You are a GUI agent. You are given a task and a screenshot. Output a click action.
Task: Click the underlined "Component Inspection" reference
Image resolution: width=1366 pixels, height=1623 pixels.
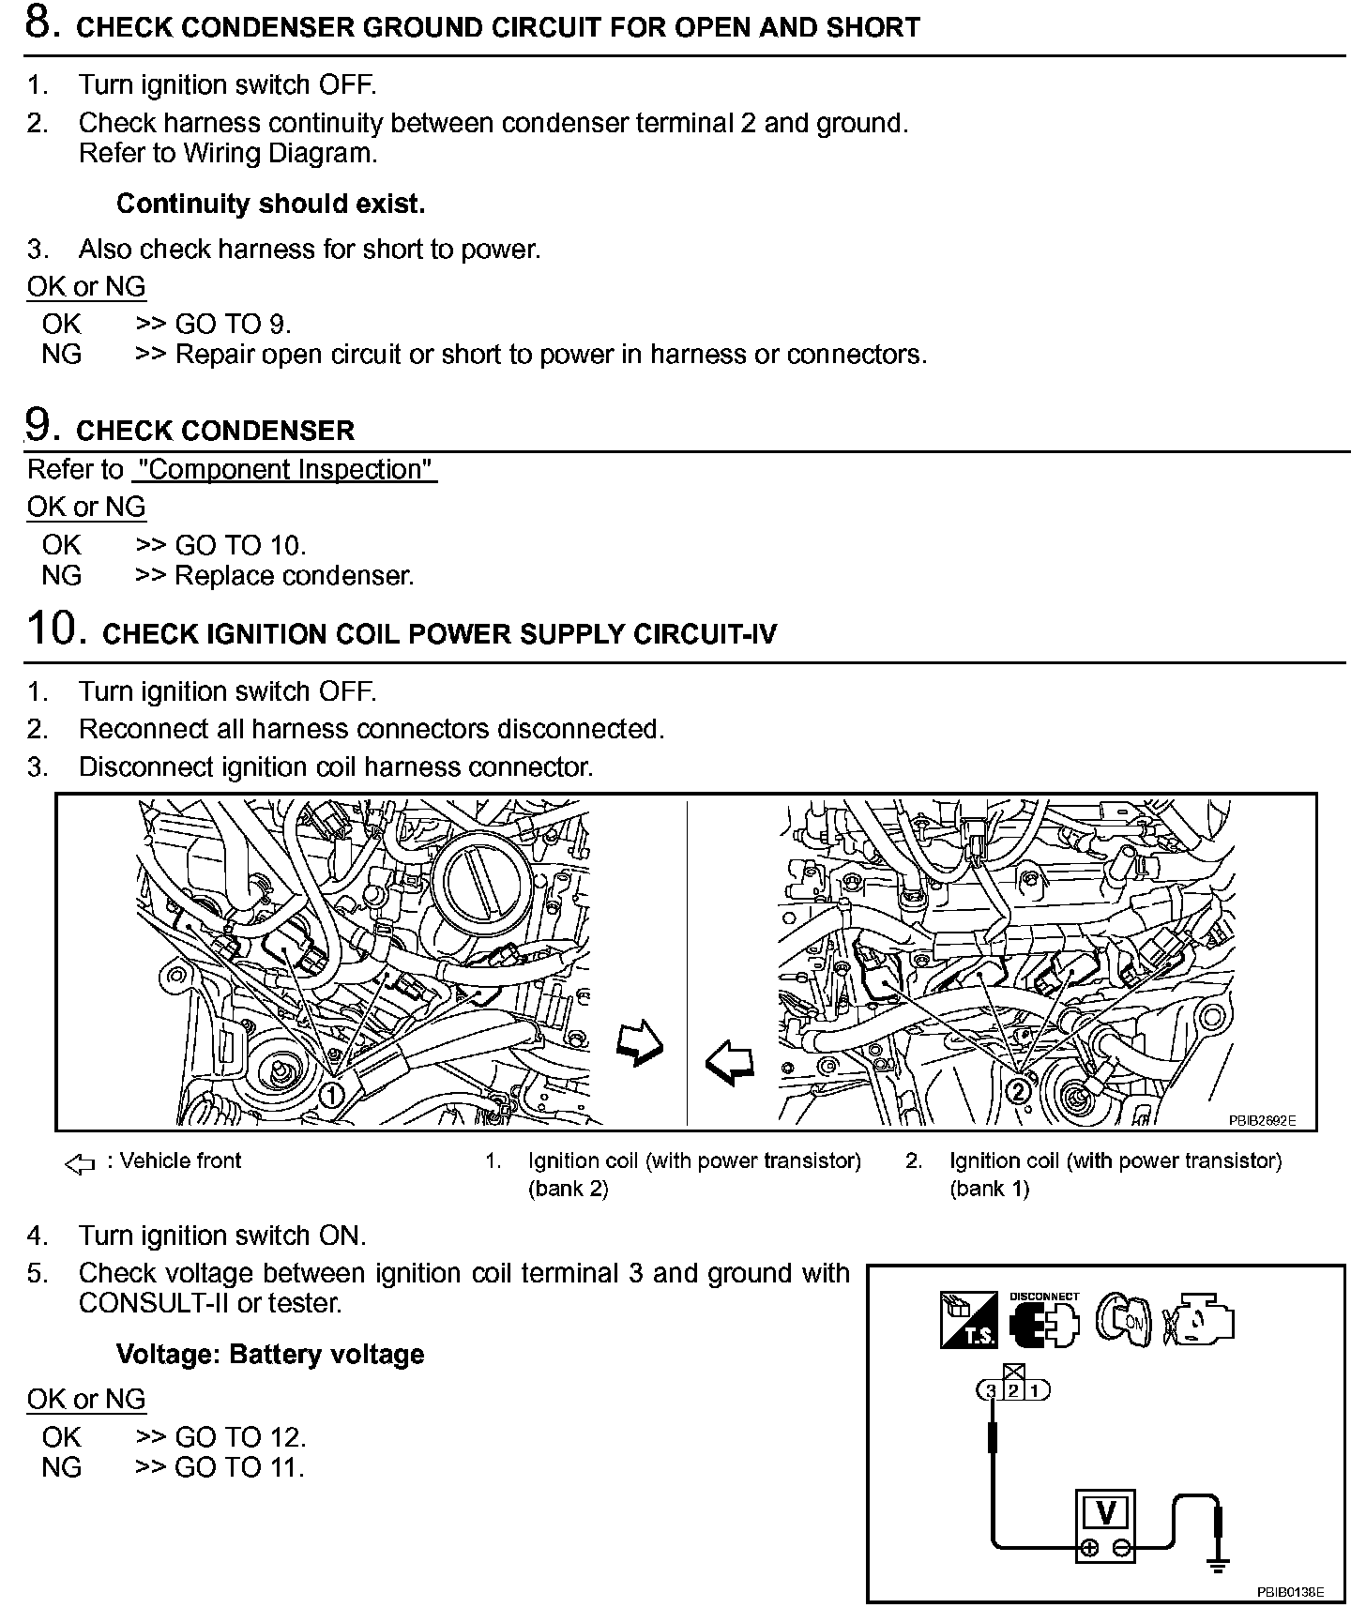[284, 469]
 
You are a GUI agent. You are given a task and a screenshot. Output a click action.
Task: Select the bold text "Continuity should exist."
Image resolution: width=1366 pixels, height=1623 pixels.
[270, 204]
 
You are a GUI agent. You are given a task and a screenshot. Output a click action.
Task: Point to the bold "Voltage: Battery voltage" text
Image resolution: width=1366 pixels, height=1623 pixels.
[270, 1354]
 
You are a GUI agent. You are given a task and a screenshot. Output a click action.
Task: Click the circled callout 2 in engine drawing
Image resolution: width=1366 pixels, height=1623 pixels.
[1017, 1090]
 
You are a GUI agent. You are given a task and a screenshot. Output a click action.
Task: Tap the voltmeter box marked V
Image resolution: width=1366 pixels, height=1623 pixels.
[1105, 1513]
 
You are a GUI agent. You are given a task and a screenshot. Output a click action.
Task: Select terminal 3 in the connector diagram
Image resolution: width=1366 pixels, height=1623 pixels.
[990, 1390]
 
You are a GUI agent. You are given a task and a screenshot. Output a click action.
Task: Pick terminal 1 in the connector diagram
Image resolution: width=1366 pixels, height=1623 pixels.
[1036, 1390]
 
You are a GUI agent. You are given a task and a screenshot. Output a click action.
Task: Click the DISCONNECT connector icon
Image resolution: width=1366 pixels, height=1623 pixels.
[1043, 1322]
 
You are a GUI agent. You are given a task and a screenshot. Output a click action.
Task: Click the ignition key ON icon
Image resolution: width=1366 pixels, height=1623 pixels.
[1124, 1321]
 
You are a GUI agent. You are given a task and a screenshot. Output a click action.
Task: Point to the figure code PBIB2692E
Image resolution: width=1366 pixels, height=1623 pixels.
[1262, 1119]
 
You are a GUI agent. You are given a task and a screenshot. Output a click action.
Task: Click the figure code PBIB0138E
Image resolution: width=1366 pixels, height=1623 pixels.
[1290, 1592]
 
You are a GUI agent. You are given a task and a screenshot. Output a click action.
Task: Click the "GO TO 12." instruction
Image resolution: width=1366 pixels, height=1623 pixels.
[240, 1436]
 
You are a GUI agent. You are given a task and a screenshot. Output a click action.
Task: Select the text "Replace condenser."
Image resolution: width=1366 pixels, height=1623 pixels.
[294, 575]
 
